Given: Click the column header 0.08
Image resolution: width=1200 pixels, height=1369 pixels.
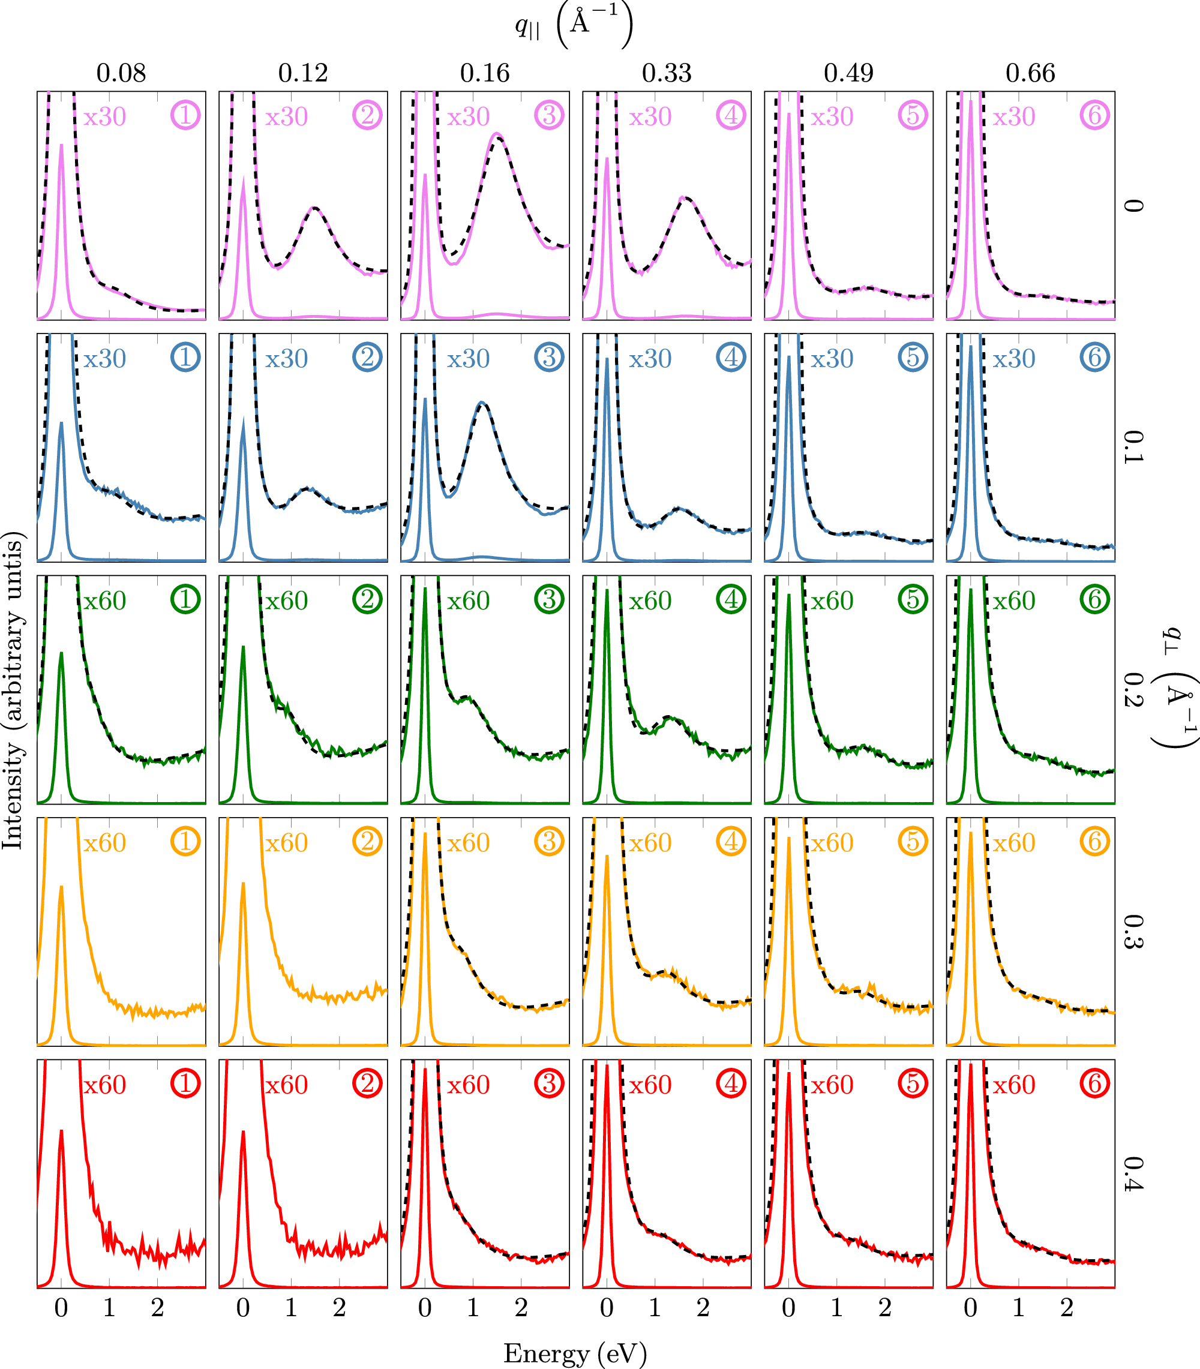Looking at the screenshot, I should [x=121, y=73].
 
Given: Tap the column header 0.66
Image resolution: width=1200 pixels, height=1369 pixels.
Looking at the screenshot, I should [x=1030, y=73].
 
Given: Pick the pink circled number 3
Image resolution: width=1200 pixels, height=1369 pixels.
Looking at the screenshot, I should [x=549, y=116].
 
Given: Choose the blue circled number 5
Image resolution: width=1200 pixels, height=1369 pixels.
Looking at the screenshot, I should [x=913, y=358].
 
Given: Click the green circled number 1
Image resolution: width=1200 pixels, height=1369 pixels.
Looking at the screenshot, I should [x=185, y=599].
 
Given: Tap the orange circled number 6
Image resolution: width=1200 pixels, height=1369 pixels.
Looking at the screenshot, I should [x=1095, y=842].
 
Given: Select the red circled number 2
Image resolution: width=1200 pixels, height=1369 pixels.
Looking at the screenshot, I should [x=367, y=1083].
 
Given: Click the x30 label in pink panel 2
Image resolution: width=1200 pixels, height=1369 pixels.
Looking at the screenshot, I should [x=287, y=117].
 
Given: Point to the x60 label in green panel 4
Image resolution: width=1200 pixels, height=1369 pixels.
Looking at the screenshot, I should [x=650, y=601].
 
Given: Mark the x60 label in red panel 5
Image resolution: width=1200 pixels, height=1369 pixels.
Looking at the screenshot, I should [x=832, y=1085].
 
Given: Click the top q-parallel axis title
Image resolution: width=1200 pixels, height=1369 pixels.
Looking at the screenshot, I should [x=574, y=25].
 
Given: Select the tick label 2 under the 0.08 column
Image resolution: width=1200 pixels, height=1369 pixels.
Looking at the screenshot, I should [x=157, y=1307].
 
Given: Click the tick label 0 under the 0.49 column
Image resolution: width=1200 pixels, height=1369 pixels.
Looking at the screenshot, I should [x=788, y=1307].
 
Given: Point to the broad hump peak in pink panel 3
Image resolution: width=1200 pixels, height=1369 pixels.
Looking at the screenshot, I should [x=497, y=135].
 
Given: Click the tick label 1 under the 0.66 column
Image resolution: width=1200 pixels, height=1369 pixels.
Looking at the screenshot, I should [x=1019, y=1307].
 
